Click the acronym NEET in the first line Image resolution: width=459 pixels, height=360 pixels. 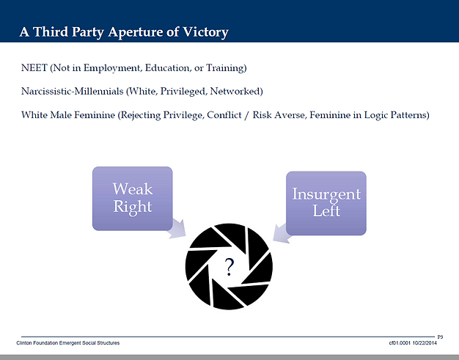34,68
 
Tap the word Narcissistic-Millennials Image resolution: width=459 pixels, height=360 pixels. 73,92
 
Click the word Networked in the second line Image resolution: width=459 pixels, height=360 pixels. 235,92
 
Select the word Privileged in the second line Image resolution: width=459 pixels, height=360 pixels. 183,92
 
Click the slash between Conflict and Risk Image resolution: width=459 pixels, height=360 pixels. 247,115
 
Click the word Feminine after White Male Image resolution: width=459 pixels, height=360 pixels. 95,114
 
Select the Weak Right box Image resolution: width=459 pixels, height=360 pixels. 132,199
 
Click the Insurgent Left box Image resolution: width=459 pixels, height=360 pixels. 326,203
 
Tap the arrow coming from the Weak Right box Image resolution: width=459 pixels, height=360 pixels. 177,229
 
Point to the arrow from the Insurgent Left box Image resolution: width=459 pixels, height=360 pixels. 282,234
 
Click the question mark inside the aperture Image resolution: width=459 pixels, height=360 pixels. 229,267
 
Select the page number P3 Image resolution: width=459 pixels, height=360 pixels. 440,337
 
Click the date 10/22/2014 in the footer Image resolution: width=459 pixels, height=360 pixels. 425,342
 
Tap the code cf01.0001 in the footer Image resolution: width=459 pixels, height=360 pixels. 400,342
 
